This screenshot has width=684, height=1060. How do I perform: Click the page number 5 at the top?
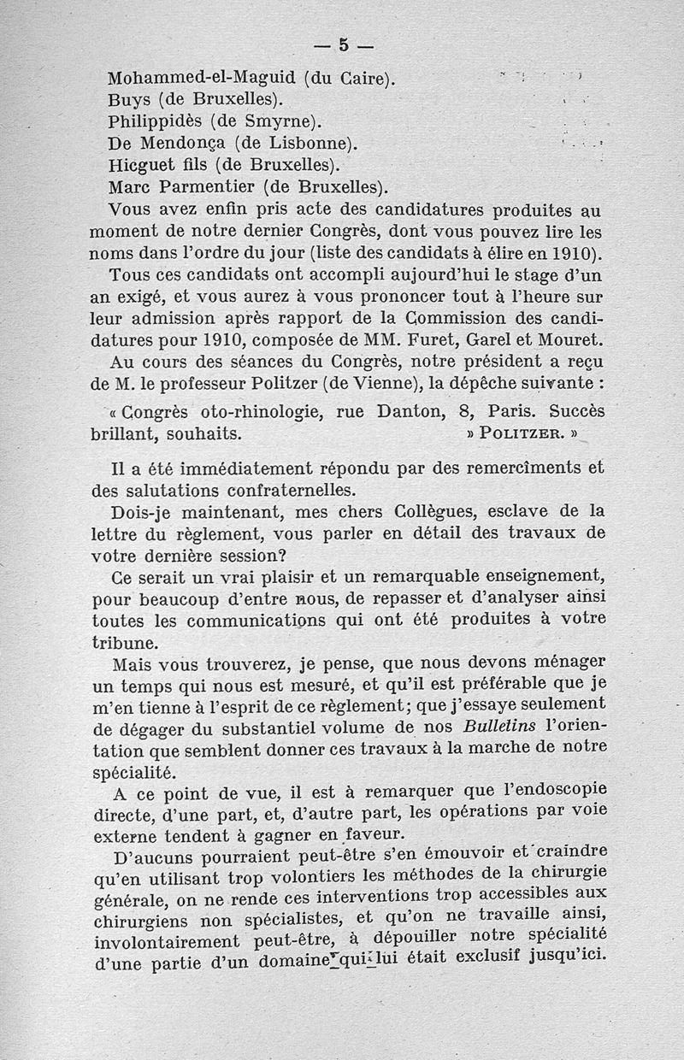coord(343,45)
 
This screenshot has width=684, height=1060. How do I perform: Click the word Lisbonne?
coord(307,142)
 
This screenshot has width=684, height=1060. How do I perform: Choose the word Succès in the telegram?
coord(576,411)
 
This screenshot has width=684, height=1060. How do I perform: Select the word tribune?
coord(123,639)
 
